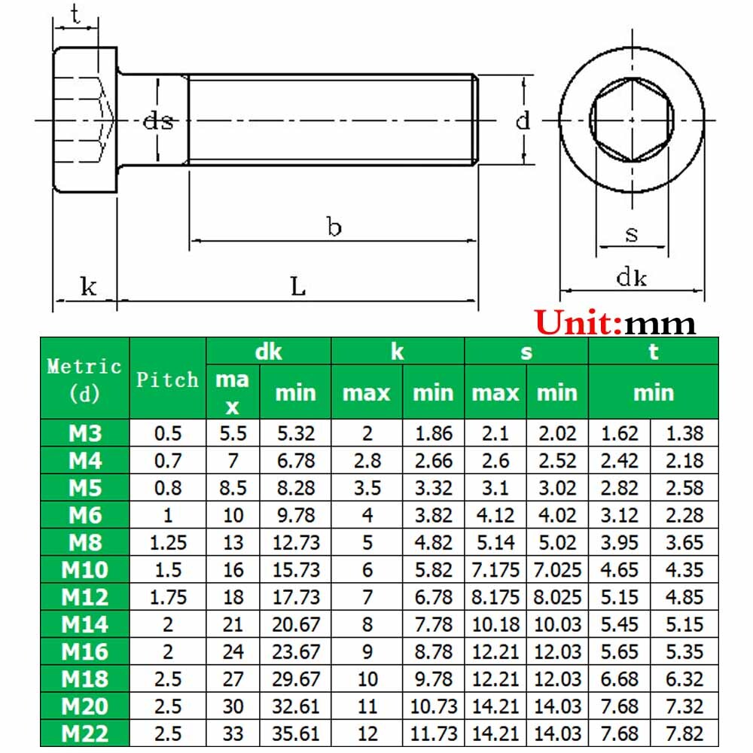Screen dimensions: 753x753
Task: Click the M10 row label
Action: pos(84,570)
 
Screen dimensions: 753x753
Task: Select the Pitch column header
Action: pos(167,379)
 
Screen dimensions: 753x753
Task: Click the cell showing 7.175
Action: pos(495,570)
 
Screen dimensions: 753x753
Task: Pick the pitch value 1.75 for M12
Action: pos(167,597)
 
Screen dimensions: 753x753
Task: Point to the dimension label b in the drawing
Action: pos(334,227)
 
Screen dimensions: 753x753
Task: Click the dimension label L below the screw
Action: pos(298,287)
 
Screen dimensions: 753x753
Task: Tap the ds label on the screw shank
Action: pos(158,120)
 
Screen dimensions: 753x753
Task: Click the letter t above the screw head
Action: pos(75,14)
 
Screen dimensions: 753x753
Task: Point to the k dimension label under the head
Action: pos(88,287)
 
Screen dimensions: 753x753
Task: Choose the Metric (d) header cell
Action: pos(84,379)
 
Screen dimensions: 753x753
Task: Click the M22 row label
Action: pos(84,733)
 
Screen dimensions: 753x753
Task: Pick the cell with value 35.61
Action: pos(295,733)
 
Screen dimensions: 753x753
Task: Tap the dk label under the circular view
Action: pos(631,278)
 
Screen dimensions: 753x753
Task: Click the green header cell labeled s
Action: pos(526,352)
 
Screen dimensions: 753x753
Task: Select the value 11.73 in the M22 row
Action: pos(433,733)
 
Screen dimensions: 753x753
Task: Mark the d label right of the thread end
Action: pos(523,120)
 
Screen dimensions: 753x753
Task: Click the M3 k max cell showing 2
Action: pos(367,433)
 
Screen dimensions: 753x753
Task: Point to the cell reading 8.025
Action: pos(557,597)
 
